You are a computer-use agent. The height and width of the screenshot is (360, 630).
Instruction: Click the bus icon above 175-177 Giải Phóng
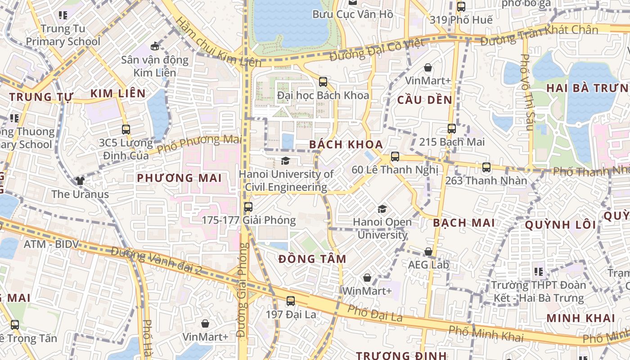pos(248,207)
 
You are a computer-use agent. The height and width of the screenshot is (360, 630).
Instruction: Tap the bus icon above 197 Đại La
pos(291,301)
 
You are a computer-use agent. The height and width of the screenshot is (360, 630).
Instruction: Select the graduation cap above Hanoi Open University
pos(382,209)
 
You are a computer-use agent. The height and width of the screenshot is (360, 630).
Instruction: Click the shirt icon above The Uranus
pos(80,181)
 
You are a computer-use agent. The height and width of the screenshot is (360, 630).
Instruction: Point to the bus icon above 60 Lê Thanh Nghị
pos(395,157)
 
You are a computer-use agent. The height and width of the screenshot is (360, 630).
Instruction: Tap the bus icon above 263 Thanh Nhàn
pos(486,167)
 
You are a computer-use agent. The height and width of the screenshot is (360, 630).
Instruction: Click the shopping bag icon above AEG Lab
pos(428,252)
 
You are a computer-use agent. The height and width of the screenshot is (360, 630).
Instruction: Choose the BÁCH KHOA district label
pos(346,144)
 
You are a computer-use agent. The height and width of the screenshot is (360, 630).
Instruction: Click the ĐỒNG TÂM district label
pos(312,259)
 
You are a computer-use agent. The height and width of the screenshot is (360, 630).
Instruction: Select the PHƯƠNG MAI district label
pos(179,178)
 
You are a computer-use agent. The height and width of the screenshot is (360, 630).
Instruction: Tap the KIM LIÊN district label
pos(118,94)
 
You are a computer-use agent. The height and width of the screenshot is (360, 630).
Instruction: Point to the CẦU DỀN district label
pos(424,100)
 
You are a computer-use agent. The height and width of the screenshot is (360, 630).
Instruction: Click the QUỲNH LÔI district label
pos(561,225)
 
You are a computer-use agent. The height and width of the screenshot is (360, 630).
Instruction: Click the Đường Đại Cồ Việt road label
pos(377,50)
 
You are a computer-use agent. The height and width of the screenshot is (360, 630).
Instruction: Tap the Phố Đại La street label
pos(375,314)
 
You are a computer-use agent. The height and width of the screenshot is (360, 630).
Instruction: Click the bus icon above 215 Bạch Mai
pos(452,129)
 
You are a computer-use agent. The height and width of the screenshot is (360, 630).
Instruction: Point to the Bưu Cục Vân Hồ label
pos(352,14)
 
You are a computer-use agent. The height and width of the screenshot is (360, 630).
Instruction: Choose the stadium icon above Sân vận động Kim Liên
pos(155,46)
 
